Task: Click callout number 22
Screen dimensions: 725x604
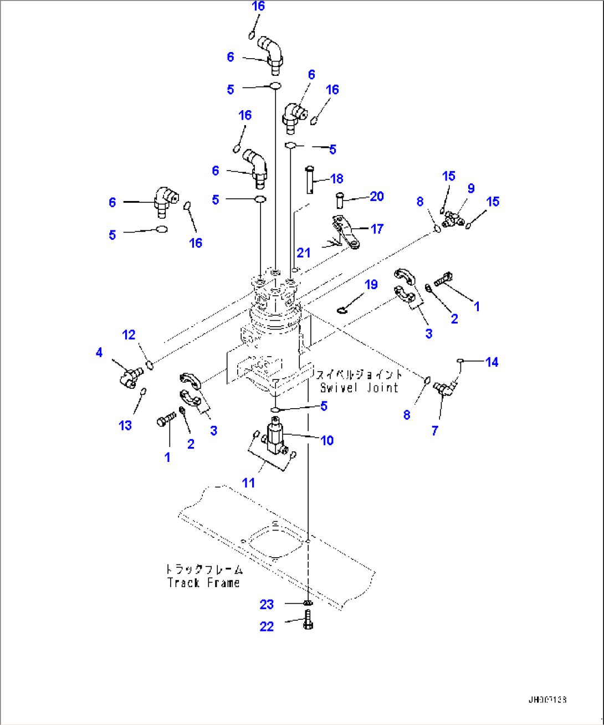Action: tap(267, 626)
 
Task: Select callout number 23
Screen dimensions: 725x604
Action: tap(267, 604)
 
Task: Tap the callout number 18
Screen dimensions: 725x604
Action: tap(337, 178)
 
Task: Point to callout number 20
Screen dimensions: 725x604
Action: tap(377, 196)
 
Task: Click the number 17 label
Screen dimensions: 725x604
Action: tap(377, 229)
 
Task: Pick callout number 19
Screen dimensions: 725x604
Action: tap(371, 284)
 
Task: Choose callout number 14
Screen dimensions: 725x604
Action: tap(492, 362)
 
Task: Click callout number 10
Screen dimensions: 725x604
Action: tap(327, 440)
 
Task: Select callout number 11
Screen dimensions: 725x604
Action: tap(248, 482)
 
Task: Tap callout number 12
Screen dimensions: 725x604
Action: tap(129, 335)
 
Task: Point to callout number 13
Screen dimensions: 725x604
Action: tap(126, 425)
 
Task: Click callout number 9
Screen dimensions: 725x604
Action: tap(471, 188)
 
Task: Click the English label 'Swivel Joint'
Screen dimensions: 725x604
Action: tap(359, 388)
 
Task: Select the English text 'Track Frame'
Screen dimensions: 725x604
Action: tap(203, 583)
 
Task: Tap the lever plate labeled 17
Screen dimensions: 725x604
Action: tap(345, 233)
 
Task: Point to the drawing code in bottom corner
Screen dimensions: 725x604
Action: tap(547, 700)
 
